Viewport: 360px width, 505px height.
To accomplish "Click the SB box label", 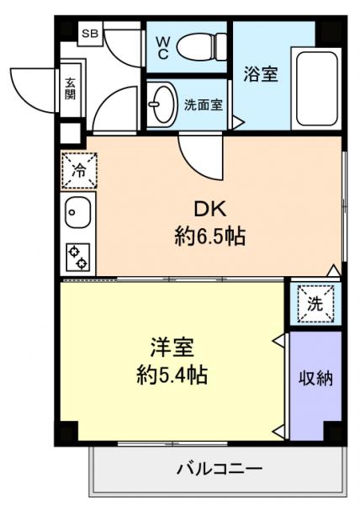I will [x=89, y=35].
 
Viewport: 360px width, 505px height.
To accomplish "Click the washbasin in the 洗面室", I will [x=160, y=105].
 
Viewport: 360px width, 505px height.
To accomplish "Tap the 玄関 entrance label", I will [x=70, y=88].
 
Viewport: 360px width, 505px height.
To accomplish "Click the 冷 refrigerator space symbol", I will [x=78, y=170].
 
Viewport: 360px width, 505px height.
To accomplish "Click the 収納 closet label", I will [x=315, y=378].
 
